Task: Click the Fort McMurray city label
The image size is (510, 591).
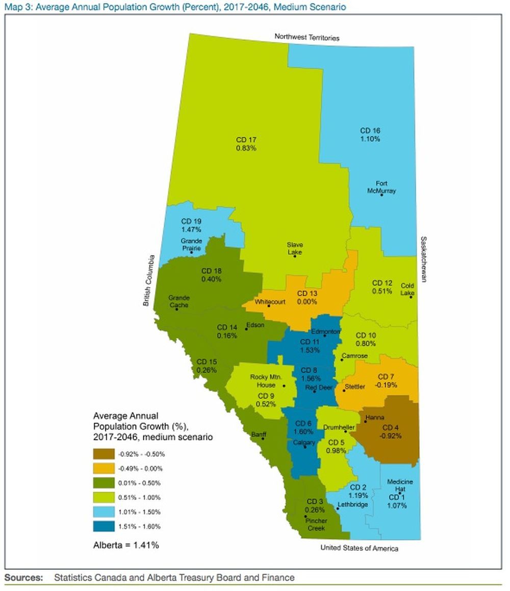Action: click(381, 187)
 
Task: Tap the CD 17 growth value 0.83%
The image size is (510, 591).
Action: click(246, 147)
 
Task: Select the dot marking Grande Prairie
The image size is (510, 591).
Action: click(191, 252)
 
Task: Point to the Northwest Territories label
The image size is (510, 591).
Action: click(307, 37)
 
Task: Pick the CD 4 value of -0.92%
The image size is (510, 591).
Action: click(390, 436)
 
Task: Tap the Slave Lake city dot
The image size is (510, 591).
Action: click(295, 255)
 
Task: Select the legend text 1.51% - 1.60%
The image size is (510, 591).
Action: click(139, 526)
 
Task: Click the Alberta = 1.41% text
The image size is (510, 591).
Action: click(126, 545)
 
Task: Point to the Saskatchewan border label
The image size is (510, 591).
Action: click(423, 260)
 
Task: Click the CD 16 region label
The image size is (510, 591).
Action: click(370, 131)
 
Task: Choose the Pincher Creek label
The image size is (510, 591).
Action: click(316, 525)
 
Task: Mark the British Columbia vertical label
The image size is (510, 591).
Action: click(147, 280)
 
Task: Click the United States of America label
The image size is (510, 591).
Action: click(359, 548)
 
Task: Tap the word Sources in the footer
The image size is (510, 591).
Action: click(23, 578)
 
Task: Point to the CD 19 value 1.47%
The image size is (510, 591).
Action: click(192, 230)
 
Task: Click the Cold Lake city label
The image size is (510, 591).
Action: click(407, 289)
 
